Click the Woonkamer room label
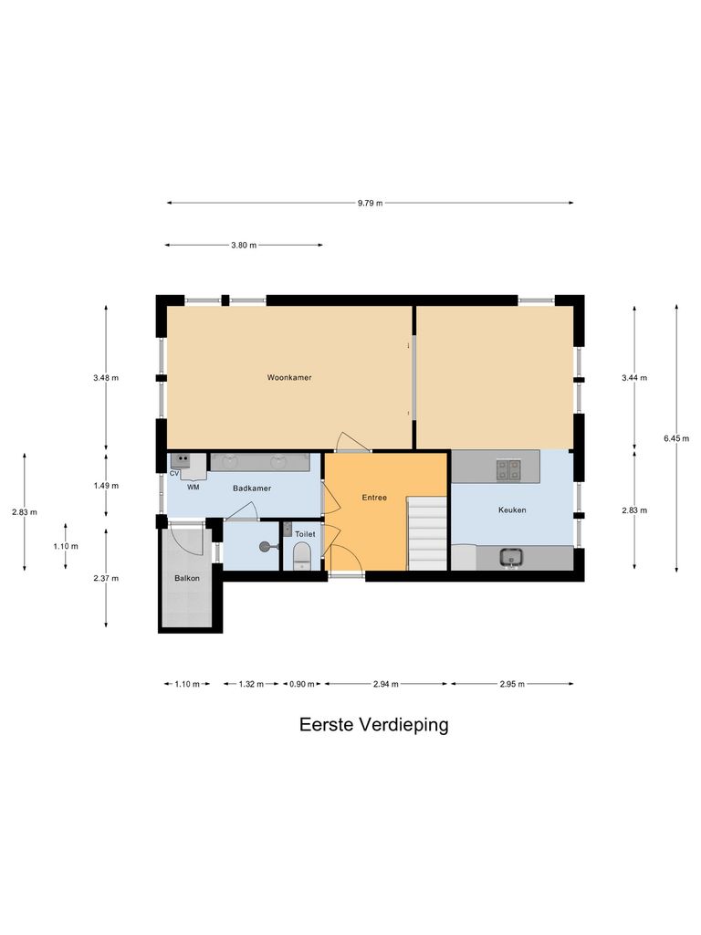(x=289, y=377)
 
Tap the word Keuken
(x=512, y=510)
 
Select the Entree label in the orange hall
(x=373, y=498)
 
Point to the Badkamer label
(x=252, y=489)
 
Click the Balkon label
(x=187, y=579)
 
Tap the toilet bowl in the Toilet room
(x=302, y=555)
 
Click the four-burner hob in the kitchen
(x=508, y=469)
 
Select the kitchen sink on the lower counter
(x=511, y=556)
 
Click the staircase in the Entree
(x=426, y=532)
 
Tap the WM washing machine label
(x=194, y=488)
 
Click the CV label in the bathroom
(x=173, y=474)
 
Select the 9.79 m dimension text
(x=370, y=203)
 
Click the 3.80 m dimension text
(x=244, y=245)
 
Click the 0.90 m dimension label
(x=301, y=684)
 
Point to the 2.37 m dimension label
(x=106, y=578)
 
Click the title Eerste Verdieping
(x=374, y=725)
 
